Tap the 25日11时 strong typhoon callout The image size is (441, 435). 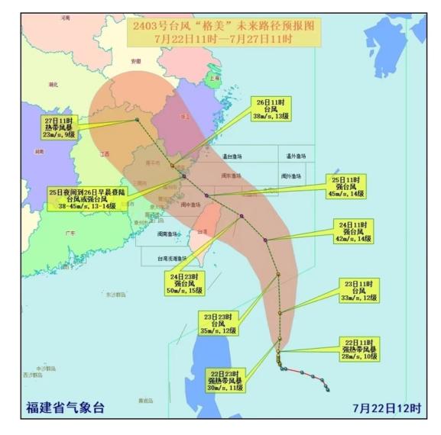(x=345, y=187)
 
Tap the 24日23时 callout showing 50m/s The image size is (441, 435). (x=186, y=283)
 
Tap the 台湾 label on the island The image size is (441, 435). (x=203, y=230)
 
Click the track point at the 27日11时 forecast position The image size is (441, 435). (x=137, y=119)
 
